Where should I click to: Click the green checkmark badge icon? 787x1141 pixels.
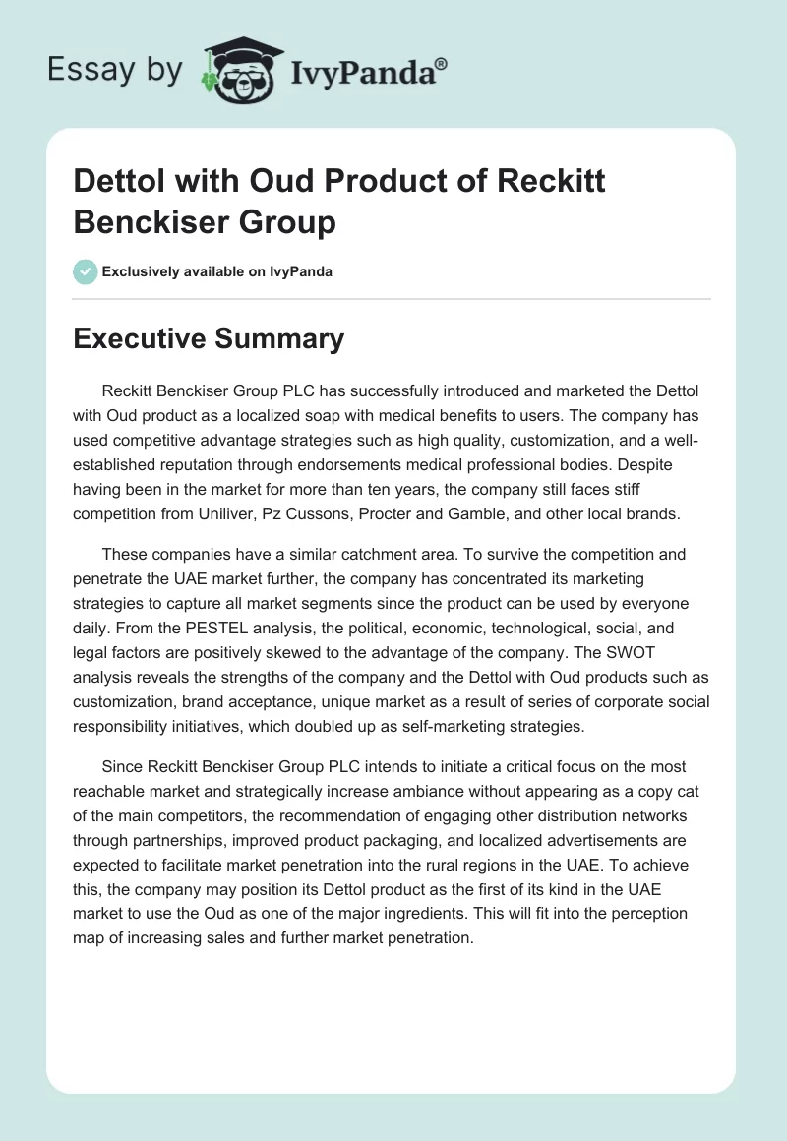pyautogui.click(x=86, y=271)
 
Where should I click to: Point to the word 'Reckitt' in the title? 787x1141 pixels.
pyautogui.click(x=552, y=183)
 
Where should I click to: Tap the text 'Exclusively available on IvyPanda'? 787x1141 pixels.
pyautogui.click(x=216, y=271)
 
